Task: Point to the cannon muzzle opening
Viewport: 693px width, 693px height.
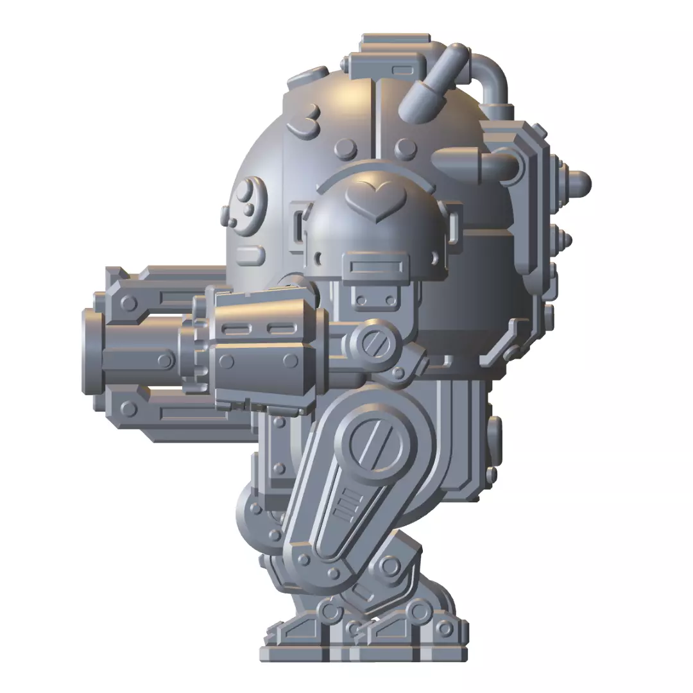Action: click(x=90, y=351)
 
